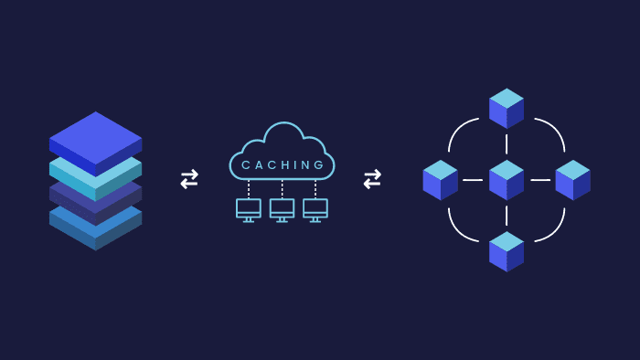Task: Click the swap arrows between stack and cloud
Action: click(x=189, y=179)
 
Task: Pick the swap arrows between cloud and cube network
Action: click(x=372, y=179)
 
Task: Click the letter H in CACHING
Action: click(x=289, y=165)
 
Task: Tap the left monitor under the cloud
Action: click(x=248, y=209)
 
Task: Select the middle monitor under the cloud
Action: click(x=282, y=209)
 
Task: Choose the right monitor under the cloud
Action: click(x=315, y=209)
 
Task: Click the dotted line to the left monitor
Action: click(x=248, y=189)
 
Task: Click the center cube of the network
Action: click(x=507, y=180)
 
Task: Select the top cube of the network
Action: click(x=507, y=109)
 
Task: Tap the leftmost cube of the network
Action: click(x=440, y=180)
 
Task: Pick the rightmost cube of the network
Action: click(x=572, y=180)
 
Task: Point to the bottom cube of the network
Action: click(x=507, y=251)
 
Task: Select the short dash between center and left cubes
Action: click(x=473, y=180)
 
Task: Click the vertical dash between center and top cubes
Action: click(x=507, y=144)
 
